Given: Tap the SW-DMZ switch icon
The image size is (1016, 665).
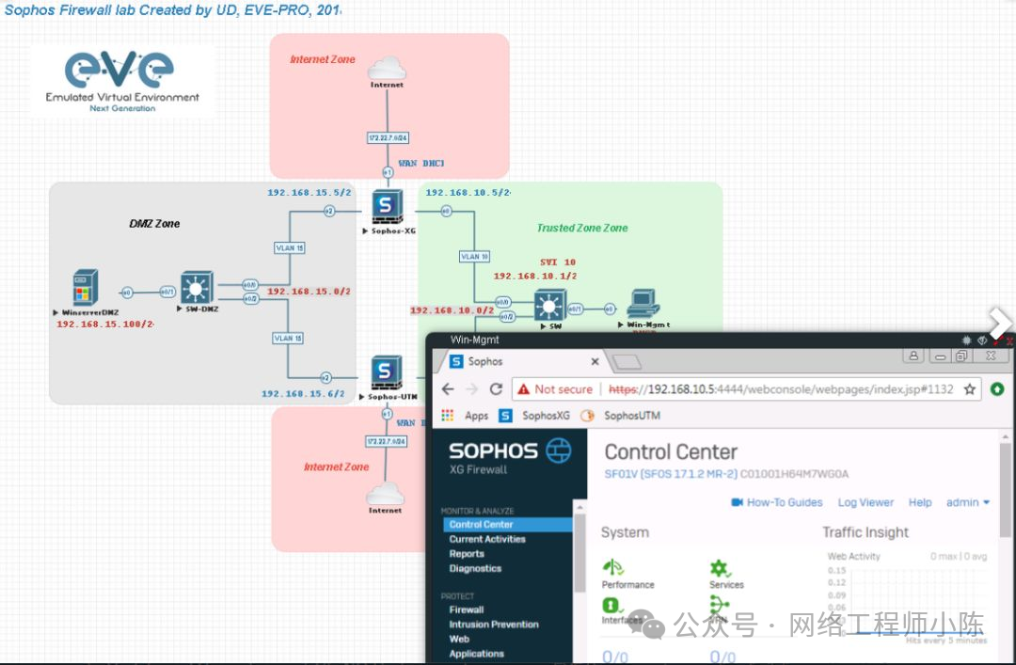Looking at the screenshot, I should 197,287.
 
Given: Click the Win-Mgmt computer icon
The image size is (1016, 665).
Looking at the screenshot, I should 643,303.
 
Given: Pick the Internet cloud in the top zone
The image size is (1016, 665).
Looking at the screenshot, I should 387,69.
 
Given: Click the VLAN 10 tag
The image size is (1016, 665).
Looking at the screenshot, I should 474,257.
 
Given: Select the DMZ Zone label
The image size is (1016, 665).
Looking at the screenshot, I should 154,224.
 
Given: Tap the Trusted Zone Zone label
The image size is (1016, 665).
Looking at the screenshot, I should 582,228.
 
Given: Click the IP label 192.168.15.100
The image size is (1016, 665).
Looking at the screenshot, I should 104,325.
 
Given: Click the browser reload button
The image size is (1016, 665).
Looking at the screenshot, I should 496,389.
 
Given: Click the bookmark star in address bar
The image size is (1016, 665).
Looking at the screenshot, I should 968,389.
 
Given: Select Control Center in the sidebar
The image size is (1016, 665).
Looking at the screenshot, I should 481,525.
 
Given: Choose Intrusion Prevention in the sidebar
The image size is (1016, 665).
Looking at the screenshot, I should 494,624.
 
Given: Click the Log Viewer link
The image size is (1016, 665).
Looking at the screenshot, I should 865,502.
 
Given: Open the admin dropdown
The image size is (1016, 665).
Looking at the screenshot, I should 967,502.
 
